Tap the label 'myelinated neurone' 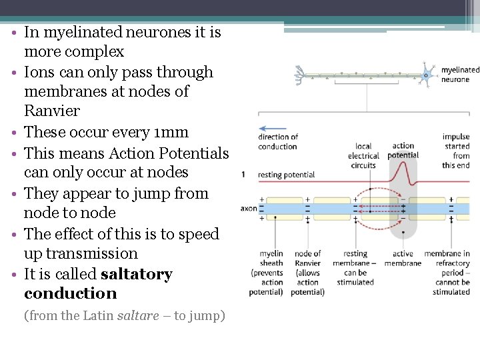click(460, 74)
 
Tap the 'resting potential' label click(286, 175)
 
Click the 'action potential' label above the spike click(403, 151)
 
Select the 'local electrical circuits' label click(363, 155)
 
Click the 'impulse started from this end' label click(456, 151)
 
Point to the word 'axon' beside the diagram click(248, 209)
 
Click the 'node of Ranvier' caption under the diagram click(307, 273)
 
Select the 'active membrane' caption click(403, 258)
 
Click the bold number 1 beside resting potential click(244, 175)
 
